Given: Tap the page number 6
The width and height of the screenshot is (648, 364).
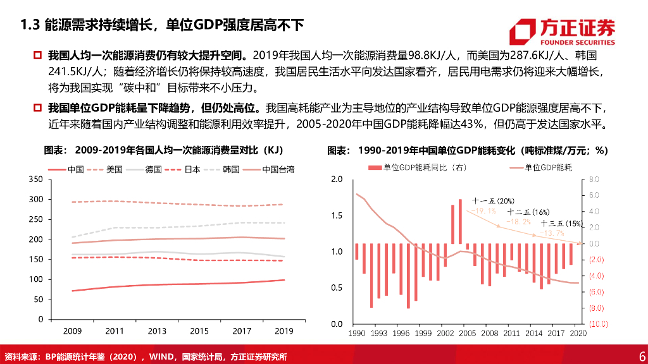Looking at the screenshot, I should tap(642, 355).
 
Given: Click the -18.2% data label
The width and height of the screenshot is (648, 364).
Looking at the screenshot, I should tap(521, 222).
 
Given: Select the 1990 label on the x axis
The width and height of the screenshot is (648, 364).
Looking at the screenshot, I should tap(356, 332).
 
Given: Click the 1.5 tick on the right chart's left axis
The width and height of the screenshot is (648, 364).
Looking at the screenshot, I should tap(336, 216).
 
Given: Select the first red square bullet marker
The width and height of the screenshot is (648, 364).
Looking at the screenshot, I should tap(37, 56).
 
